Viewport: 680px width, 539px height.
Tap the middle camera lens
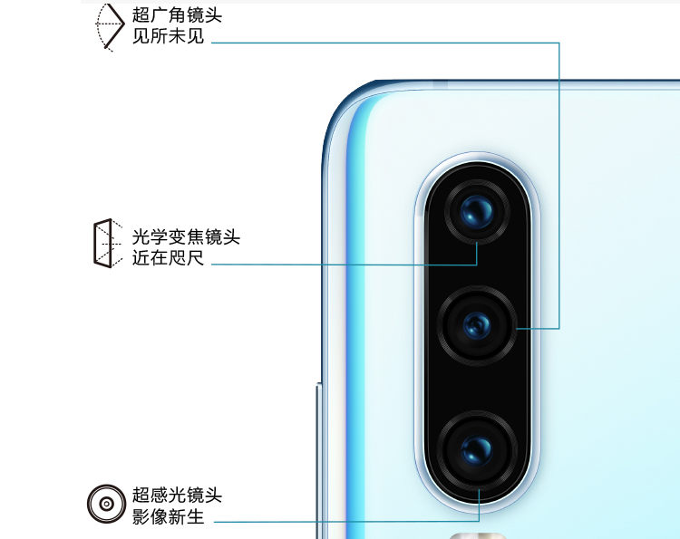point(477,325)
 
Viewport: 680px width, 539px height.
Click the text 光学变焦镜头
point(186,237)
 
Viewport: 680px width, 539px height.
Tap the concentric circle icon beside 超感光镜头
point(106,503)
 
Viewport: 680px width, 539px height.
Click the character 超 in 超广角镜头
point(141,15)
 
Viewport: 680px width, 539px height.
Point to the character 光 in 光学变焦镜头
point(141,237)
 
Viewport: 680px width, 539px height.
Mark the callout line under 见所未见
point(381,42)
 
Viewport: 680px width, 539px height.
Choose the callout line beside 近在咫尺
point(345,265)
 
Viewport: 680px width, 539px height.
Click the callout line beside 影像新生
point(345,522)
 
